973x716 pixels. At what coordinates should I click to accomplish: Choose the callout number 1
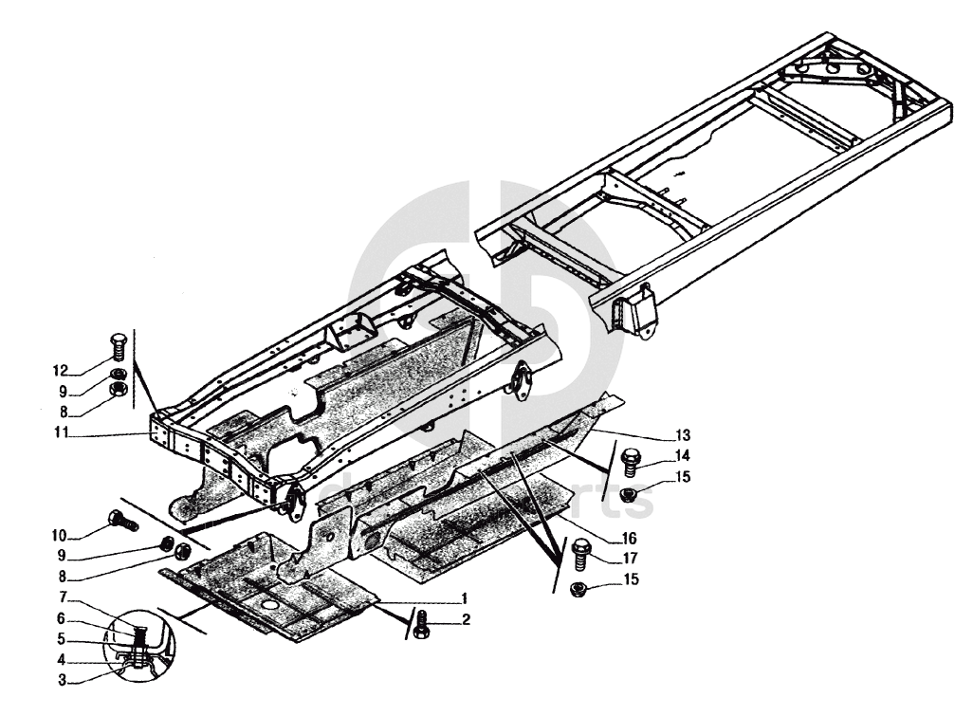point(464,598)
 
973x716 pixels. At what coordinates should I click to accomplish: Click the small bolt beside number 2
point(423,624)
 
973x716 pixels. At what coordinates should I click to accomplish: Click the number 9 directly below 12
point(61,390)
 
